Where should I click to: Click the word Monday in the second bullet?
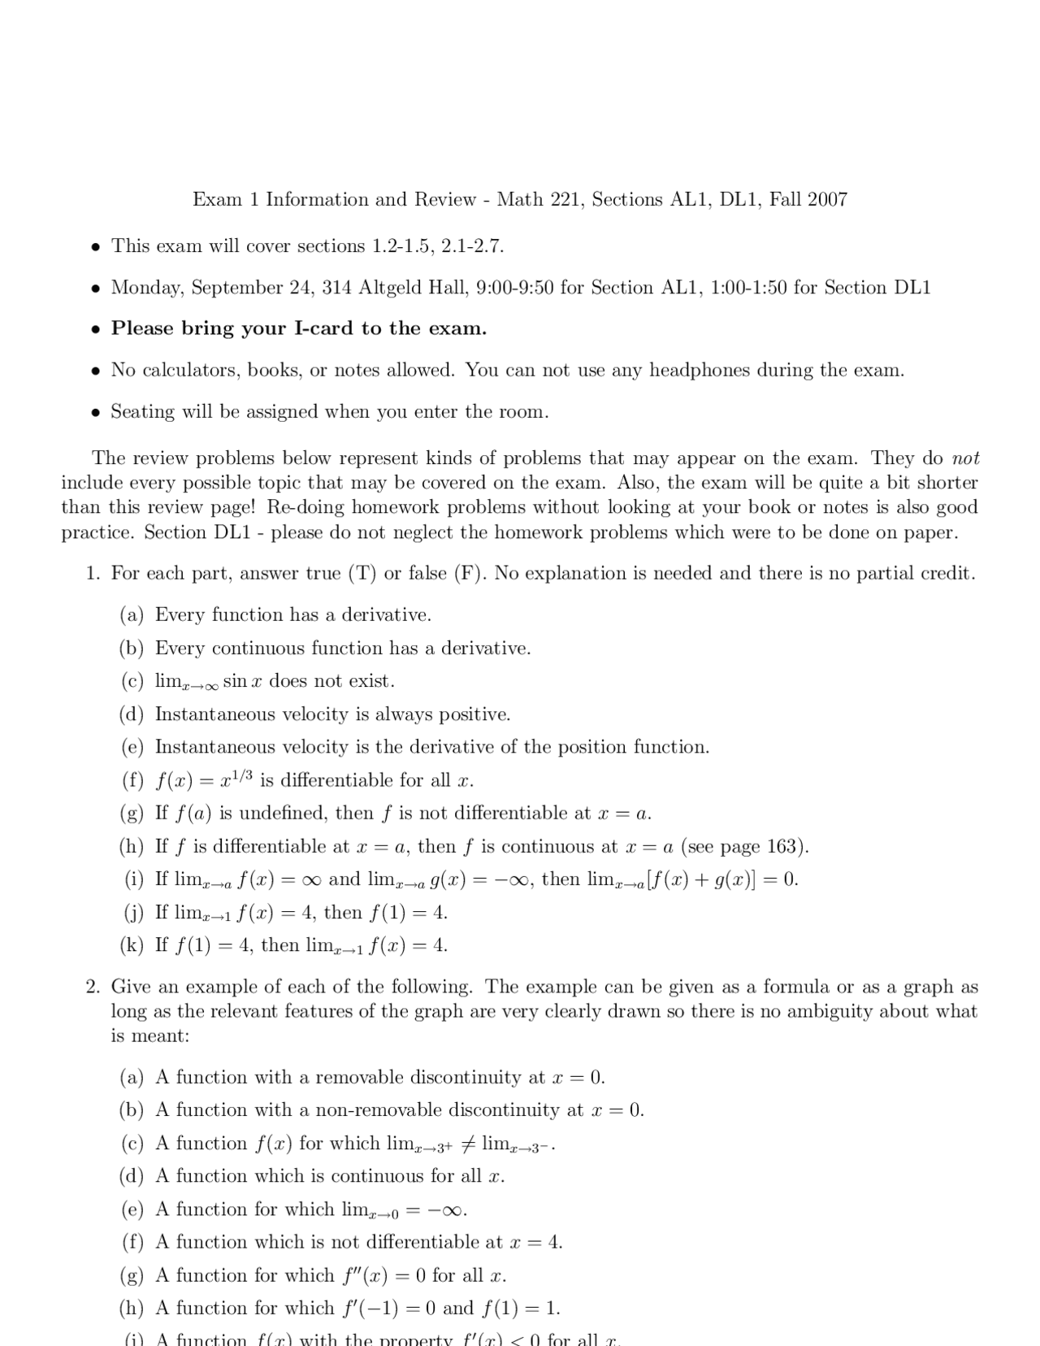coord(146,288)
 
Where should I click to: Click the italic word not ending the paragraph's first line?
coord(965,458)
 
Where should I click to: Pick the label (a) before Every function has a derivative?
coord(132,615)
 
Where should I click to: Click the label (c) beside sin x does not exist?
coord(132,681)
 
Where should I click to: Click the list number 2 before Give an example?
coord(93,987)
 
